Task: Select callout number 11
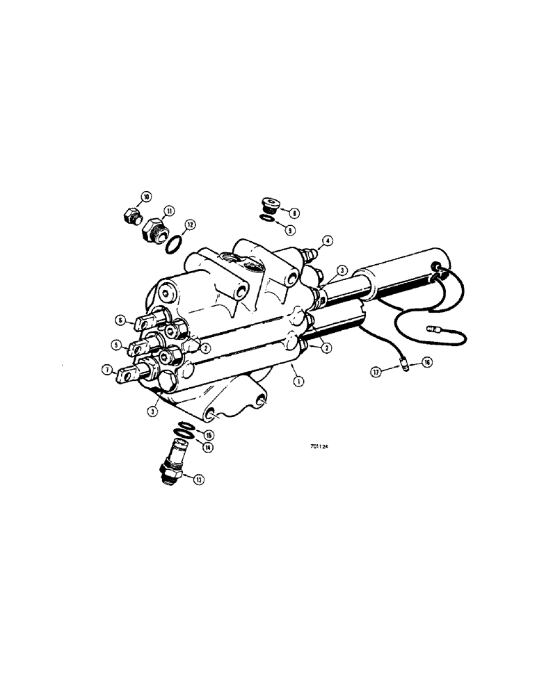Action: coord(170,211)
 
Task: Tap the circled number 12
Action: coord(190,224)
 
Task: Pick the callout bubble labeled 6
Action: coord(120,320)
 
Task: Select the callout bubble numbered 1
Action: coord(299,381)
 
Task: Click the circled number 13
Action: coord(200,480)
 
